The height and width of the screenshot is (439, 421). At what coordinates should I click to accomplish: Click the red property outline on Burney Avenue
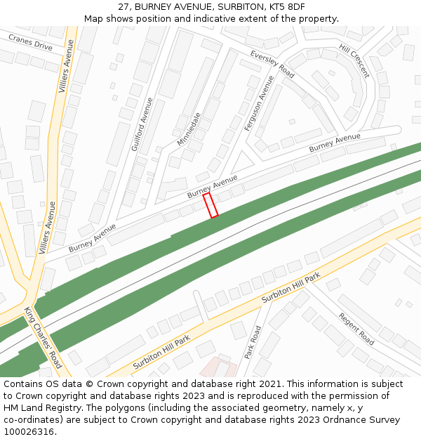pos(210,206)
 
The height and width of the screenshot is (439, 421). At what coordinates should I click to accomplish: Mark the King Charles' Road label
pos(44,337)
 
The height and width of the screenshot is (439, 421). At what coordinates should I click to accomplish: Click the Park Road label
pos(253,343)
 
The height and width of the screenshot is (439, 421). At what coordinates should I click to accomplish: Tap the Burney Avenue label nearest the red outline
pos(213,186)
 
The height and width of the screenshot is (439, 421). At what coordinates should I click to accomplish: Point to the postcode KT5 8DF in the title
pos(287,6)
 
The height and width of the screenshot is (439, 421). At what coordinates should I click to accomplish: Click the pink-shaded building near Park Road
pos(218,367)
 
